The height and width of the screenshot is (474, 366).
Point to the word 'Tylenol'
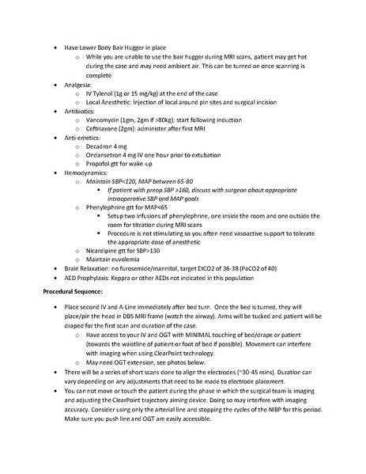107,93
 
